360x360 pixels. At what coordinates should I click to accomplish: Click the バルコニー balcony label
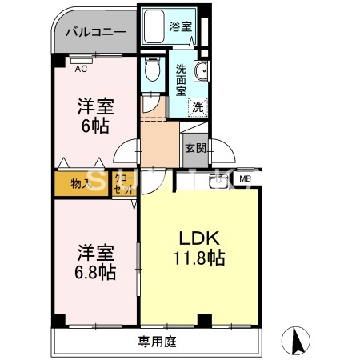[94, 33]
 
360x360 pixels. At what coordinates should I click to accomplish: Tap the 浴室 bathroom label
[180, 26]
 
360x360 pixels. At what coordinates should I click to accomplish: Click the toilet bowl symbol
[153, 70]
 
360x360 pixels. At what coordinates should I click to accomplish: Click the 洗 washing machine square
[196, 106]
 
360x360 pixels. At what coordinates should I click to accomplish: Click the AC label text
[81, 69]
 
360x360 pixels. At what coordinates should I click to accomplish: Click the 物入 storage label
[80, 184]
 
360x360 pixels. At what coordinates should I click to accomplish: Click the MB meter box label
[245, 178]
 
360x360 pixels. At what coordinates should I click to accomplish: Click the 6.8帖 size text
[96, 273]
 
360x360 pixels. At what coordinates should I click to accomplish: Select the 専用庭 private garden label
[157, 342]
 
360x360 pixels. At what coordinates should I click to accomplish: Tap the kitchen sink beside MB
[216, 182]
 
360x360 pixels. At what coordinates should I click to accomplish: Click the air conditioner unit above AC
[80, 60]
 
